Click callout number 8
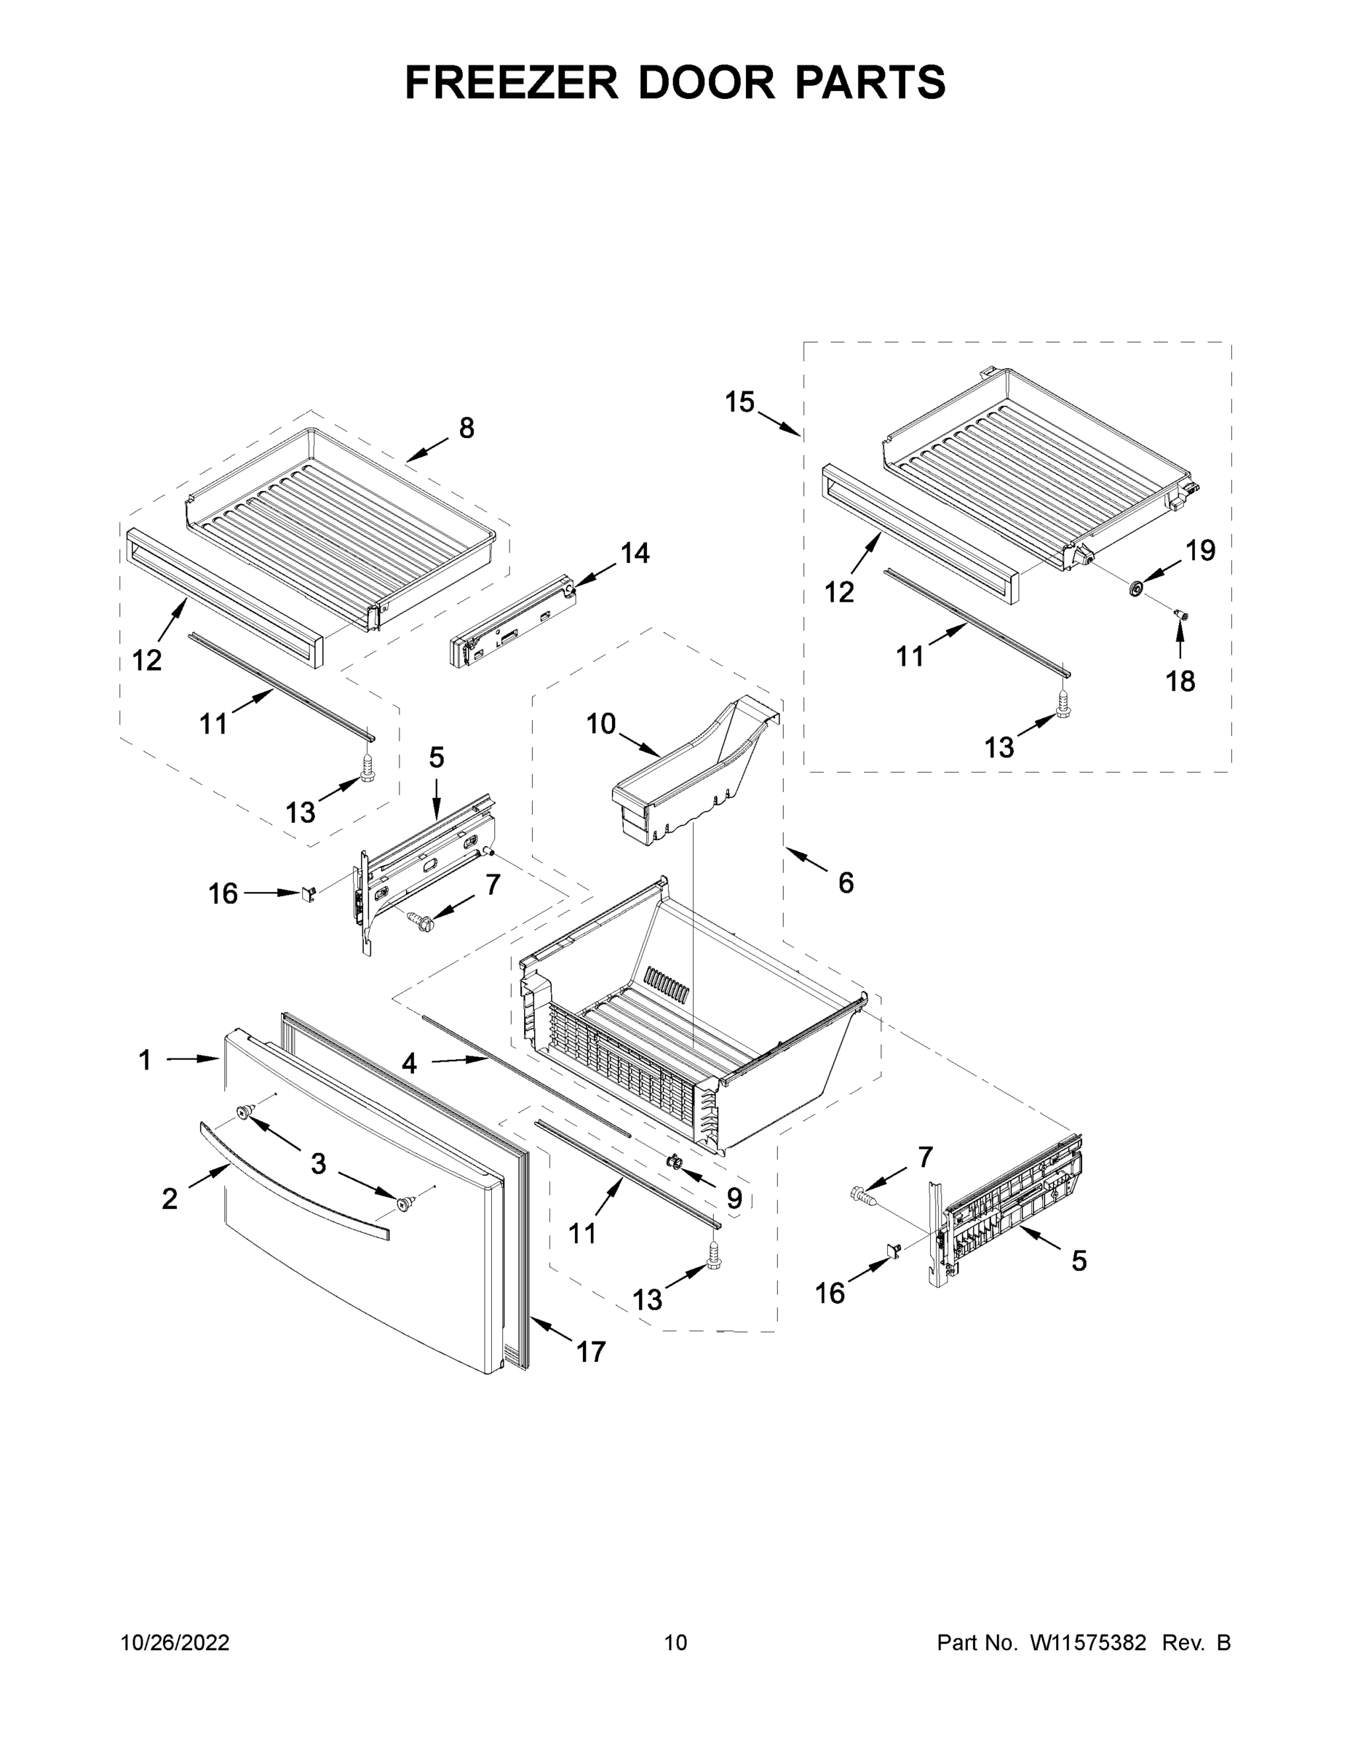click(x=466, y=428)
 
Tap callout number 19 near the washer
click(x=1199, y=550)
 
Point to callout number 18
click(x=1180, y=681)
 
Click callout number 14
click(x=635, y=552)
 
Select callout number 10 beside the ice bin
click(x=600, y=725)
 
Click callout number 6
click(x=846, y=882)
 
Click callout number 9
click(x=734, y=1198)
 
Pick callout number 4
click(x=409, y=1064)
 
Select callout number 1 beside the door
click(x=145, y=1060)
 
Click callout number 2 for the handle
click(x=170, y=1198)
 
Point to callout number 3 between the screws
click(x=318, y=1164)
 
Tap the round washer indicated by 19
click(x=1134, y=589)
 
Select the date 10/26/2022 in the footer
click(x=175, y=1643)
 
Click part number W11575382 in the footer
click(x=1088, y=1643)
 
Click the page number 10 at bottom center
click(x=675, y=1643)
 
